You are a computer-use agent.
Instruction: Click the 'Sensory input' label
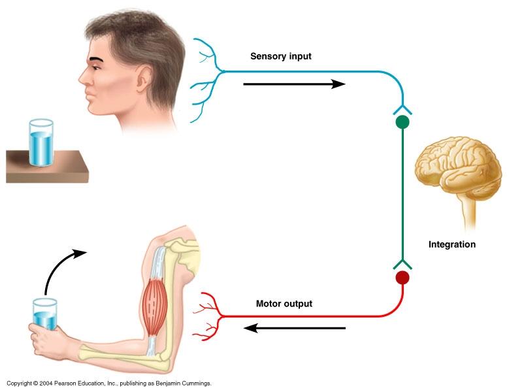click(280, 56)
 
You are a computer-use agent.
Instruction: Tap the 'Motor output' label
click(284, 304)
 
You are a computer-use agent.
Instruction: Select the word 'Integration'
click(452, 245)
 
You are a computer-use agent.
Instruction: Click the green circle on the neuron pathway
click(402, 122)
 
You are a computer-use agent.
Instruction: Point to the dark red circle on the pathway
click(402, 278)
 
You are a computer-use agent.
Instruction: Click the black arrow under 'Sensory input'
click(293, 84)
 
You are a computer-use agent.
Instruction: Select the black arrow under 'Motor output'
click(294, 327)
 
